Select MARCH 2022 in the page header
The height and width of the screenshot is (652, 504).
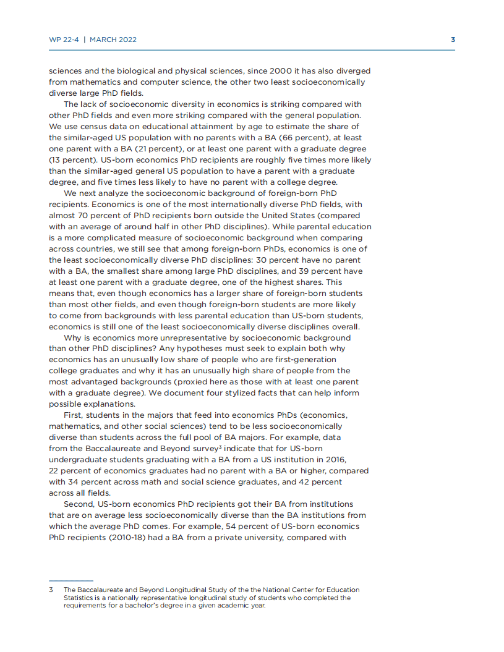113,40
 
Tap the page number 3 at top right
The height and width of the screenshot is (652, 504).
453,40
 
